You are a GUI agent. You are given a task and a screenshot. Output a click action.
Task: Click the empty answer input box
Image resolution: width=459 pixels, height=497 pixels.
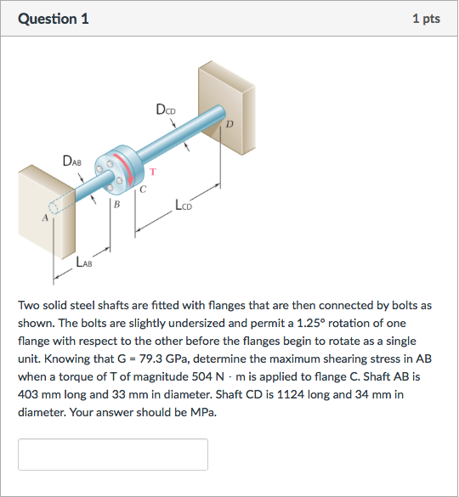(x=113, y=455)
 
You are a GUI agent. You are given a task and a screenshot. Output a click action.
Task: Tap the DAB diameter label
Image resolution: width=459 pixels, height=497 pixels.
(x=73, y=161)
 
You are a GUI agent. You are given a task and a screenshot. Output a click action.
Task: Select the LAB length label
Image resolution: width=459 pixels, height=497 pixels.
(x=84, y=263)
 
